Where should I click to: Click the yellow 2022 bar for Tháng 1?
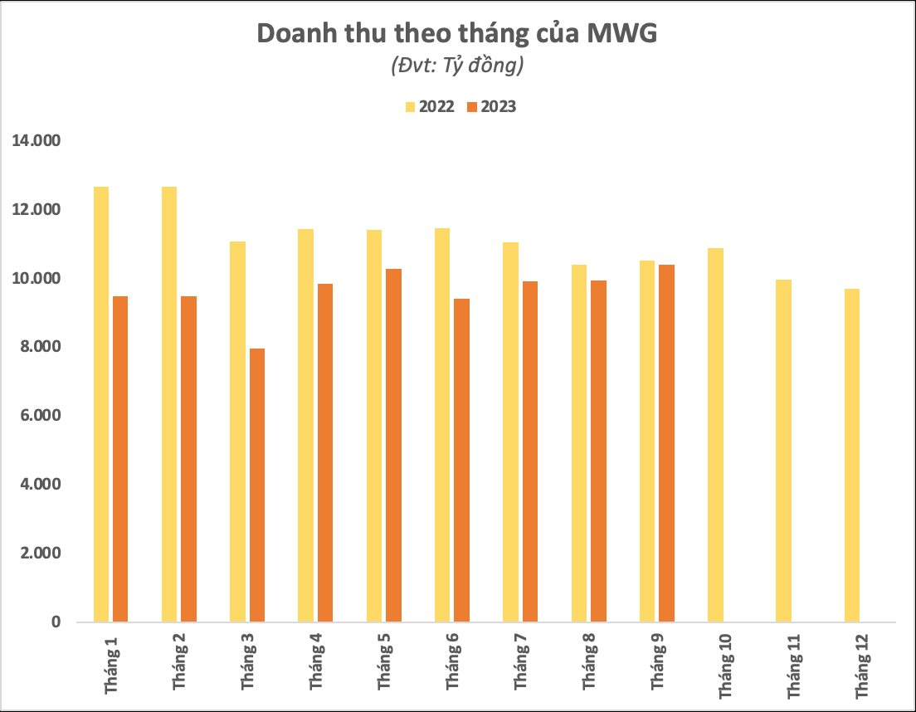pyautogui.click(x=101, y=404)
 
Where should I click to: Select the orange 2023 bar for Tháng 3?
pyautogui.click(x=257, y=485)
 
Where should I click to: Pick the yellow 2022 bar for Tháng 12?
pyautogui.click(x=852, y=455)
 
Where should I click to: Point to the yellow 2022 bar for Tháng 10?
pyautogui.click(x=715, y=435)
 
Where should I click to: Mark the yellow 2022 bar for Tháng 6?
pyautogui.click(x=442, y=425)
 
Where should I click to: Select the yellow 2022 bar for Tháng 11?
pyautogui.click(x=783, y=451)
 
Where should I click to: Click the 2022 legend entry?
pyautogui.click(x=430, y=106)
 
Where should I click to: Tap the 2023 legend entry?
pyautogui.click(x=491, y=106)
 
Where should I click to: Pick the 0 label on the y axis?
pyautogui.click(x=56, y=622)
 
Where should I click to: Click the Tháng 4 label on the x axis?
pyautogui.click(x=316, y=663)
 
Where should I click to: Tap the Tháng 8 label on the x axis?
pyautogui.click(x=588, y=663)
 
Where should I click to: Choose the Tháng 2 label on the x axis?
pyautogui.click(x=179, y=663)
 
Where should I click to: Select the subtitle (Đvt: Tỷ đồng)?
pyautogui.click(x=457, y=66)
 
